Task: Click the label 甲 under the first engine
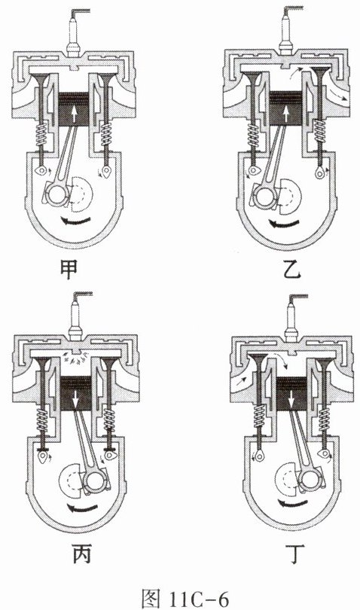coord(69,269)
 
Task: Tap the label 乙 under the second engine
coord(292,269)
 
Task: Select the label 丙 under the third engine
coord(82,554)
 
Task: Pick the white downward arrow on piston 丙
coord(76,396)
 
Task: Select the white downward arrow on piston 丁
coord(291,398)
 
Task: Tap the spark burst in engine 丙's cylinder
coord(75,358)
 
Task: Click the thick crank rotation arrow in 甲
coord(78,221)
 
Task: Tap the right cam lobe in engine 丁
coord(323,454)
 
